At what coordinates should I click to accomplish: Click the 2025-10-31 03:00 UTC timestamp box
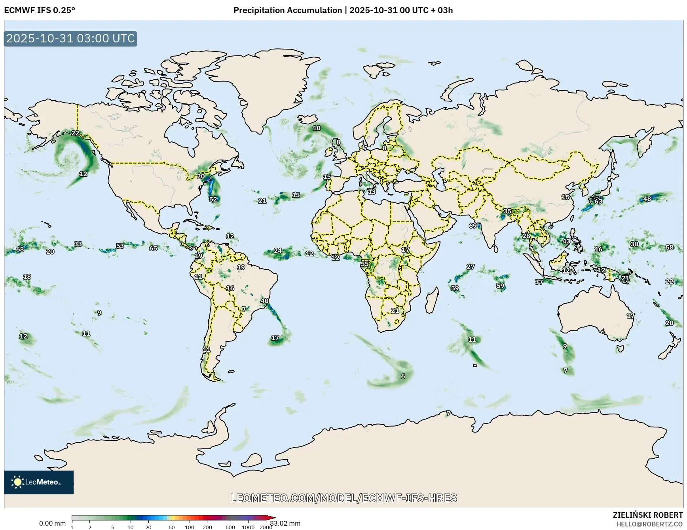coord(70,38)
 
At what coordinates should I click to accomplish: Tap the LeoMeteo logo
coord(38,482)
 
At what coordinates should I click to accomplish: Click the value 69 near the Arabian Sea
coord(473,225)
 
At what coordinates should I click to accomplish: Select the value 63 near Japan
coord(598,201)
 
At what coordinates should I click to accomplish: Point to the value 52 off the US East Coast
coord(213,199)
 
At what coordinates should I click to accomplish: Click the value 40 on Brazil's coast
coord(264,301)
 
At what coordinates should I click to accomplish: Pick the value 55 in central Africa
coord(364,264)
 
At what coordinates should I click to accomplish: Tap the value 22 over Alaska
coord(75,133)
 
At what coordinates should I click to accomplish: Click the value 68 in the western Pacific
coord(20,249)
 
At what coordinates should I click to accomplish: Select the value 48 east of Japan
coord(647,199)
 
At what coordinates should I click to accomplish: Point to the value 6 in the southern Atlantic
coord(403,376)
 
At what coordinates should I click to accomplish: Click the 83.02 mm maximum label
coord(285,523)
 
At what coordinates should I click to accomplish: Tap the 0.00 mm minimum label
coord(52,523)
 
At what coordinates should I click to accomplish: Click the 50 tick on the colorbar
coord(171,527)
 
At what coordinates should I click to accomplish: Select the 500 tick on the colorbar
coord(230,527)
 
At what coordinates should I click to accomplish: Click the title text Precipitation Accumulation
coord(288,10)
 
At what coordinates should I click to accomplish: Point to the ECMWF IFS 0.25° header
coord(40,10)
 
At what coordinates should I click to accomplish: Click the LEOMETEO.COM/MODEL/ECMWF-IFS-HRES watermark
coord(343,498)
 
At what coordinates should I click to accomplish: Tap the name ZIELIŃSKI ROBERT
coord(647,515)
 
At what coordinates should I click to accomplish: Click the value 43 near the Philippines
coord(566,241)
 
